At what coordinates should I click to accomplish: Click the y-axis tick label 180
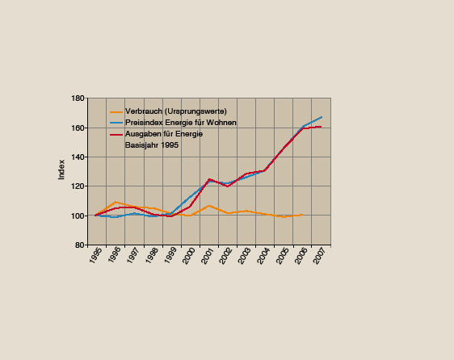pos(78,98)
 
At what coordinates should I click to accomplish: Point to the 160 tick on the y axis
pos(78,128)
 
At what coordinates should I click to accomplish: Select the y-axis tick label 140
pos(78,157)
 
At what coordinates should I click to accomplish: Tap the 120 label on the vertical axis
pos(78,186)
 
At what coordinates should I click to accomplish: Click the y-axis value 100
pos(78,216)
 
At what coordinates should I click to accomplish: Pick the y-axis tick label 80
pos(80,245)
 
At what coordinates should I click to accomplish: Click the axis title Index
pos(62,171)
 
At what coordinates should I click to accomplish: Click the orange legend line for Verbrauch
pos(116,111)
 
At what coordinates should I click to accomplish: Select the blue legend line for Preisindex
pos(116,123)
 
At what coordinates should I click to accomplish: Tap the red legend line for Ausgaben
pos(116,134)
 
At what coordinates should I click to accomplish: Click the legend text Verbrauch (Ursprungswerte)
pos(175,111)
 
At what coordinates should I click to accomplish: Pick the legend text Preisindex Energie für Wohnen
pos(180,123)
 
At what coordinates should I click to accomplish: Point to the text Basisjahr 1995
pos(152,145)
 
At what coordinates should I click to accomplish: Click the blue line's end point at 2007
pos(322,117)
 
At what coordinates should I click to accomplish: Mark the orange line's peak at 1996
pos(116,202)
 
